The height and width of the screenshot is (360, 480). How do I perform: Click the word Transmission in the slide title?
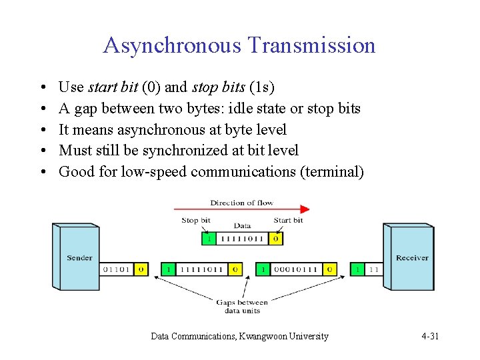[x=311, y=45]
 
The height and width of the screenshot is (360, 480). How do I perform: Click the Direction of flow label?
[x=241, y=203]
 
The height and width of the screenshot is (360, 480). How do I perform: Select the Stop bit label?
[x=196, y=220]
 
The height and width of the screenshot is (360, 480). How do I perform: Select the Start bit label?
[x=288, y=220]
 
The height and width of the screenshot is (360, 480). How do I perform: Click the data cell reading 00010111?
[x=295, y=269]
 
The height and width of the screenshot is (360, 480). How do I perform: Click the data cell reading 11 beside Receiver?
[x=373, y=269]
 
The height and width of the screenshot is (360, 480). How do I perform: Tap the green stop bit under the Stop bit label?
[x=209, y=238]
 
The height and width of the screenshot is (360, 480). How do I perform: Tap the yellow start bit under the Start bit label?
[x=276, y=238]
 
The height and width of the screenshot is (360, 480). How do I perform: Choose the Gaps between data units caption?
[x=241, y=306]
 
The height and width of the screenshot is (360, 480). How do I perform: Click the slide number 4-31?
[x=430, y=336]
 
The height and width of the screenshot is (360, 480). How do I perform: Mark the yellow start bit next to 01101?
[x=141, y=269]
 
